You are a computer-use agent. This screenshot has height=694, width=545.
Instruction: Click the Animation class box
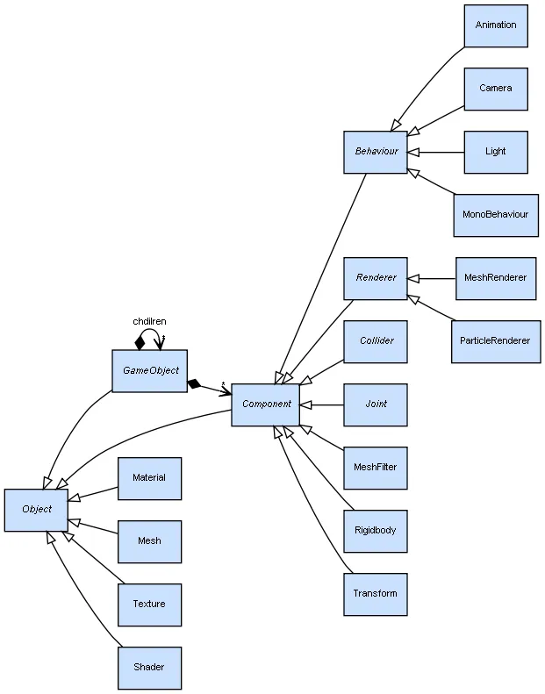click(x=496, y=25)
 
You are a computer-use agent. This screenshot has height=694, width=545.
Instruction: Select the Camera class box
click(x=496, y=89)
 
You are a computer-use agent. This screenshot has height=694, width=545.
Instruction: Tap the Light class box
click(x=496, y=152)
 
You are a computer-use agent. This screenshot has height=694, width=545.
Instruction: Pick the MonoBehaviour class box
click(x=496, y=215)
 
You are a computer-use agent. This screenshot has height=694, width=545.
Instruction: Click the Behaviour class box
click(x=376, y=152)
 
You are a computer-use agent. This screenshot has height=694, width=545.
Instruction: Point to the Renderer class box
click(x=376, y=278)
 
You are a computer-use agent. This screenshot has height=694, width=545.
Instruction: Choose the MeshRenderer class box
click(x=496, y=278)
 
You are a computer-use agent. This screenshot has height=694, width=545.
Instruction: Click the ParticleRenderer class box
click(x=496, y=341)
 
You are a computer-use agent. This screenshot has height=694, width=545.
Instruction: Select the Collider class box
click(x=376, y=341)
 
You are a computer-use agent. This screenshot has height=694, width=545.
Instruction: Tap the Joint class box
click(x=376, y=404)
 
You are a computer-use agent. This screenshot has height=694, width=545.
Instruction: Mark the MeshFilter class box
click(x=376, y=468)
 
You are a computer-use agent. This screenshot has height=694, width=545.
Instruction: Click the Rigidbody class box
click(x=376, y=531)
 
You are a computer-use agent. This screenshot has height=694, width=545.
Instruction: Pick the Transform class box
click(x=376, y=594)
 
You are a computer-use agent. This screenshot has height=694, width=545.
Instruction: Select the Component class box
click(x=266, y=404)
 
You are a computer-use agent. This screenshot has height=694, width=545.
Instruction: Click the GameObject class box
click(x=150, y=371)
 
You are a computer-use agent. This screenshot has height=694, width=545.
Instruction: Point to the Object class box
click(x=36, y=510)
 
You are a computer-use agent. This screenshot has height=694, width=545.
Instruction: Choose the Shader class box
click(x=149, y=668)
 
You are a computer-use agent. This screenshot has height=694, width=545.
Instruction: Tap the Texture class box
click(x=149, y=605)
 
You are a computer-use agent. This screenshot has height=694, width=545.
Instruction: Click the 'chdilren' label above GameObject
click(x=149, y=321)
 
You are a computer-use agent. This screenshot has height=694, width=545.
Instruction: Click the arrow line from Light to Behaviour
click(x=439, y=152)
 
